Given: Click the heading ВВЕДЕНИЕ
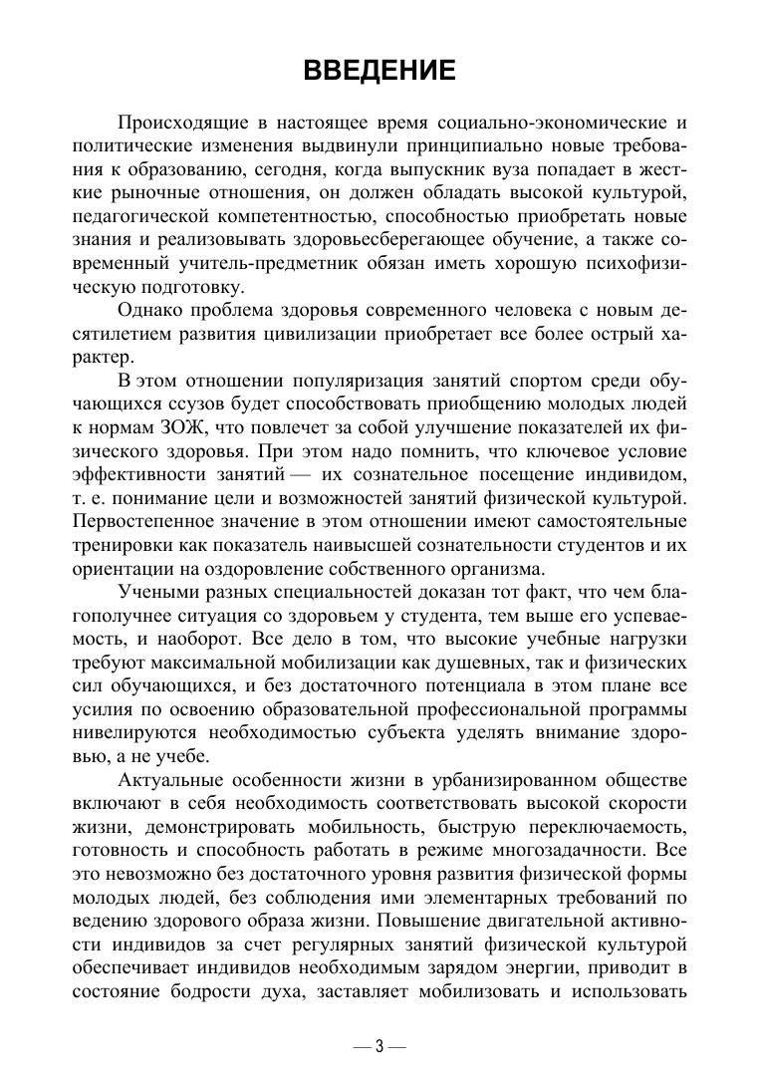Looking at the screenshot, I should pyautogui.click(x=380, y=71).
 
